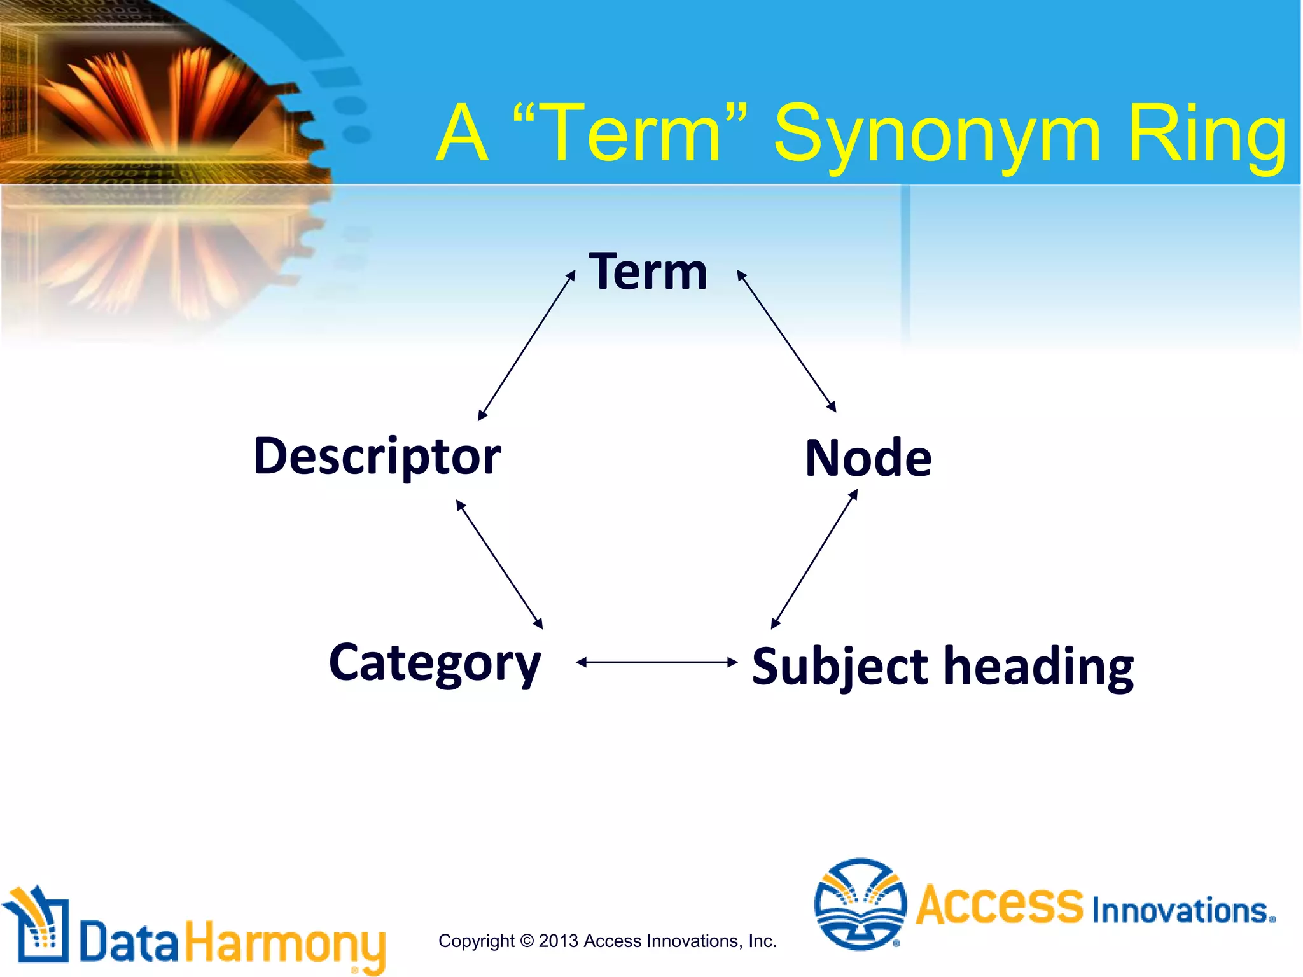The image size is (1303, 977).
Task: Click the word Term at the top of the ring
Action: [x=648, y=272]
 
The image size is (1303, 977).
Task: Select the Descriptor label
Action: [x=377, y=457]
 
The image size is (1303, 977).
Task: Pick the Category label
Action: [x=435, y=663]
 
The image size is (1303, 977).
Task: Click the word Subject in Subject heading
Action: [x=840, y=667]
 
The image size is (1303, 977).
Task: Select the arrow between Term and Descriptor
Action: [x=526, y=345]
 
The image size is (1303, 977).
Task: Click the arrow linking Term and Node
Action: [x=786, y=342]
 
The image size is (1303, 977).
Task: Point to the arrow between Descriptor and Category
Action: [x=499, y=565]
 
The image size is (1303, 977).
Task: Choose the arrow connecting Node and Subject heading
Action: [x=814, y=559]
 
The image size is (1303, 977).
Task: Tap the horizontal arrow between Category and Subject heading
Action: [x=657, y=662]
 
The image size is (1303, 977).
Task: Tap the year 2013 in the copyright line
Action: [x=559, y=941]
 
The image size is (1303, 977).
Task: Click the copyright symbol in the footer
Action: [x=526, y=941]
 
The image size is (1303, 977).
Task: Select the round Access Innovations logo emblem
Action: [x=860, y=903]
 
